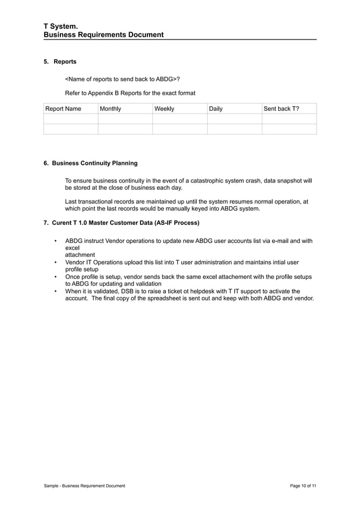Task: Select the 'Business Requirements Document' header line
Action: point(104,35)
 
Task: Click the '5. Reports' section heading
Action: point(60,62)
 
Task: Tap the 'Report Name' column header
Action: point(63,108)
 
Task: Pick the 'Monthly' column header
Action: point(111,108)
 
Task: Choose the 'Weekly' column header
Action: point(164,108)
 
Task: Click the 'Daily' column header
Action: point(216,108)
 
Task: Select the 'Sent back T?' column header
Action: point(281,108)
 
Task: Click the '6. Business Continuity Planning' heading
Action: point(90,163)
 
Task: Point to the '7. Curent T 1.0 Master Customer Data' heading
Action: point(121,223)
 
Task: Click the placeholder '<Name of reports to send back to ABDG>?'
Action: point(122,79)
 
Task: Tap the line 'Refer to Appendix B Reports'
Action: point(130,93)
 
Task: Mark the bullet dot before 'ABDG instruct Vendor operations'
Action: point(55,241)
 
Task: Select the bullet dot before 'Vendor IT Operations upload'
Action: point(55,263)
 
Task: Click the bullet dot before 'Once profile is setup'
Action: point(55,277)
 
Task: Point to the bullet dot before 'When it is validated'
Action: point(55,291)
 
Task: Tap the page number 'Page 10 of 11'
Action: point(303,486)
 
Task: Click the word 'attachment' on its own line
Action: point(80,255)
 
